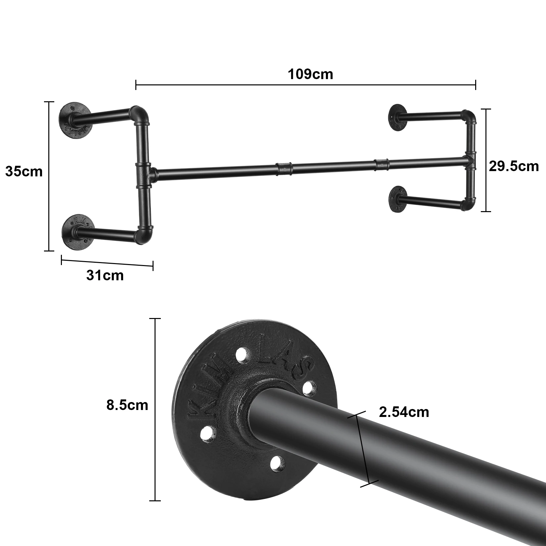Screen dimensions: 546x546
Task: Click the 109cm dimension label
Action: click(x=310, y=74)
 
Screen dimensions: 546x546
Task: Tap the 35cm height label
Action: click(x=24, y=172)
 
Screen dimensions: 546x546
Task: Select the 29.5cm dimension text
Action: click(x=514, y=166)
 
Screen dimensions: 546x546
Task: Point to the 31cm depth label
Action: click(x=105, y=275)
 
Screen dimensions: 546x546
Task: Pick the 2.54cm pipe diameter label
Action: click(x=404, y=412)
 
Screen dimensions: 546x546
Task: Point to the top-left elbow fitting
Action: click(x=140, y=115)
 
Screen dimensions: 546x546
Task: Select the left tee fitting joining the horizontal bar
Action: click(x=145, y=174)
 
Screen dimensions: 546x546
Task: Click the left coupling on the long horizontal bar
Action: click(x=285, y=168)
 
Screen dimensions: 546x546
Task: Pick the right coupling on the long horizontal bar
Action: click(x=382, y=164)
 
